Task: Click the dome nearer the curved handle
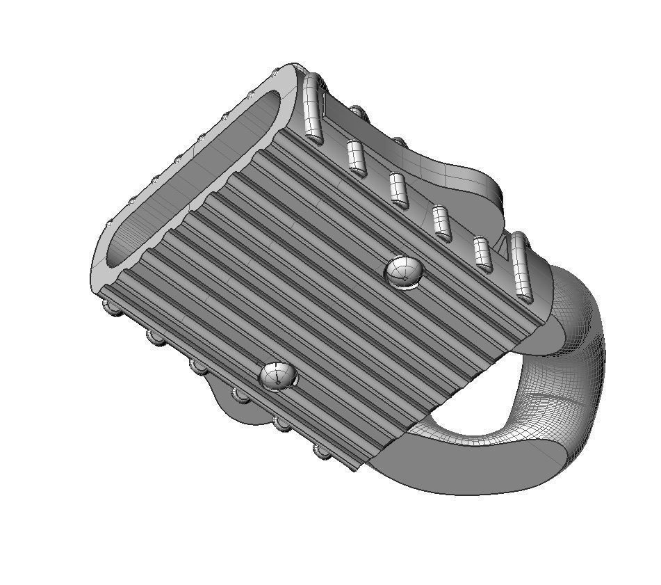[404, 271]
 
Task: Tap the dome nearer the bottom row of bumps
[277, 376]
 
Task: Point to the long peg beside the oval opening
[313, 109]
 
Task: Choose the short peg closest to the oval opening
[357, 158]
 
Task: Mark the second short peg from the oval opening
[398, 191]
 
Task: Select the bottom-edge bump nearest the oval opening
[112, 306]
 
